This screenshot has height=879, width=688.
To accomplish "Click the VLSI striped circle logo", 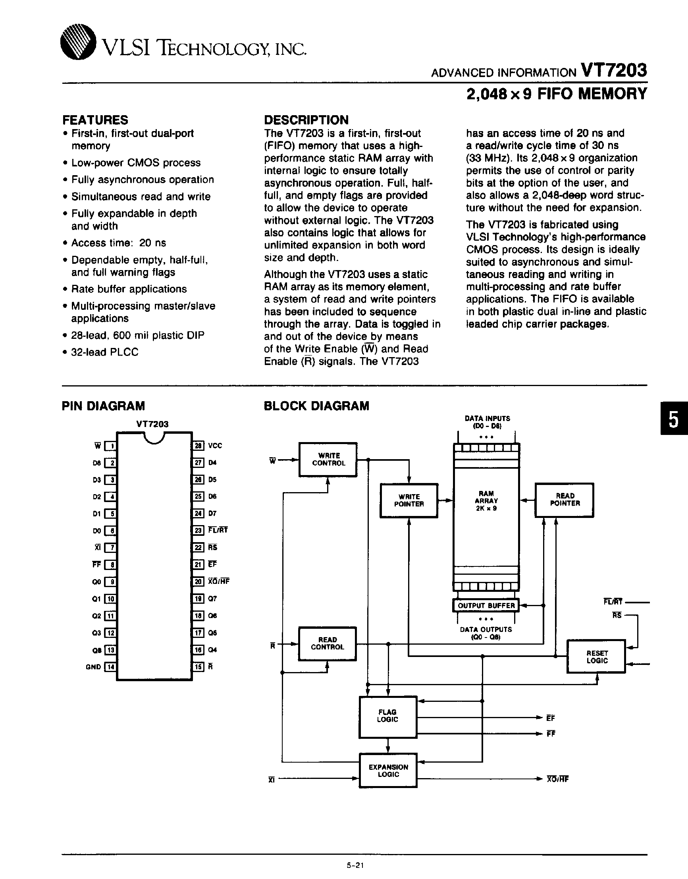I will (x=78, y=43).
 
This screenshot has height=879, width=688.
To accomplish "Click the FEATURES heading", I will (x=95, y=120).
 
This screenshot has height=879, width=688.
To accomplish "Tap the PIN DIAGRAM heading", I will (x=103, y=406).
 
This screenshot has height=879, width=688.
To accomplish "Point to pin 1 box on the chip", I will (x=110, y=446).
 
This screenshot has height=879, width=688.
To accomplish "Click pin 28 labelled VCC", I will (x=198, y=446).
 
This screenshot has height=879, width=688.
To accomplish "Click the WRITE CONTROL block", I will (x=328, y=460).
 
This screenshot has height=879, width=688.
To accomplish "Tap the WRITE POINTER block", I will (x=409, y=500).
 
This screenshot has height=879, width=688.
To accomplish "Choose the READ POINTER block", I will (x=565, y=500).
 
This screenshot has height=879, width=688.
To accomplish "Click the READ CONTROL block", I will (x=327, y=643).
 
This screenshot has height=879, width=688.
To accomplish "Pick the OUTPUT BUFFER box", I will (x=486, y=605).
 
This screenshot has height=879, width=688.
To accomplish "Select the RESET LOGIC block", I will (x=596, y=657).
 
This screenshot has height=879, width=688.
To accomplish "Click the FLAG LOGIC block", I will (x=387, y=716).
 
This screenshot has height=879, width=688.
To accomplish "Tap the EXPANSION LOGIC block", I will (x=388, y=771).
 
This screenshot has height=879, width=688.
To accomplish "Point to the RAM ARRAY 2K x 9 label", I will (x=486, y=501).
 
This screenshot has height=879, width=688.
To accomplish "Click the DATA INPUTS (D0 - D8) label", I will (x=487, y=422).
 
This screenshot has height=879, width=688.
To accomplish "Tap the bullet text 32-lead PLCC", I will (x=105, y=352).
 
